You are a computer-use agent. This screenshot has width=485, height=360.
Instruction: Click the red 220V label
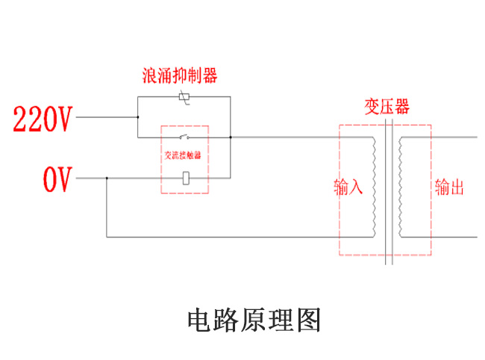click(43, 119)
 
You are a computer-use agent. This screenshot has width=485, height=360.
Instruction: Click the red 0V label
click(57, 180)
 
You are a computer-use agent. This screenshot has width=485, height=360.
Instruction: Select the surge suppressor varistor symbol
click(184, 97)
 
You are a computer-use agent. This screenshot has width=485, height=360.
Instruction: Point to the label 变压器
click(387, 106)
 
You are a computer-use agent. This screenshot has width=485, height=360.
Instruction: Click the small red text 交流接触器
click(184, 157)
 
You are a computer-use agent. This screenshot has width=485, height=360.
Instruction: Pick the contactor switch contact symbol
click(184, 137)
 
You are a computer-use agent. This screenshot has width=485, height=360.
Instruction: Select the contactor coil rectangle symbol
click(185, 178)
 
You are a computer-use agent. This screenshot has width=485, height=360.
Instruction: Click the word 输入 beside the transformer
click(348, 187)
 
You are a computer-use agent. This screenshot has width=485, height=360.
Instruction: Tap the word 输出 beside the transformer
click(449, 187)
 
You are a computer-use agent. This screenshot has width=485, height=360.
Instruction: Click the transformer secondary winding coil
click(400, 187)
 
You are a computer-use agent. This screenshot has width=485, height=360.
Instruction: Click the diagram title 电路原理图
click(254, 320)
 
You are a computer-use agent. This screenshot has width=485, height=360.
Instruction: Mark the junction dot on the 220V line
click(137, 117)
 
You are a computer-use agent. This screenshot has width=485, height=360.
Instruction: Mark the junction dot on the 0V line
click(107, 179)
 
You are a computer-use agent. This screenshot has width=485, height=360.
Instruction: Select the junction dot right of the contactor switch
click(231, 137)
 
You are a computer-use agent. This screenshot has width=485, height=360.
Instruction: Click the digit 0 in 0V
click(50, 180)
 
